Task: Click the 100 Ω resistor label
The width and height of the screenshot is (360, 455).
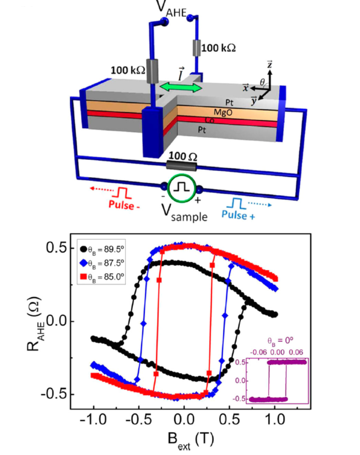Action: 183,157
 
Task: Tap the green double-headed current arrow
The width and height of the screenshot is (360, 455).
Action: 181,87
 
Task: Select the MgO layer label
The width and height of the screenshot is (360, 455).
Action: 223,112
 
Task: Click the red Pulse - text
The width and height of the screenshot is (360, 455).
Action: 124,205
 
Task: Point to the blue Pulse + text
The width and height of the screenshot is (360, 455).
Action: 238,215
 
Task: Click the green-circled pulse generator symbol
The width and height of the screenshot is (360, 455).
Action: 182,187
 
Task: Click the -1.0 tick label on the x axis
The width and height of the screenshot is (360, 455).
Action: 93,419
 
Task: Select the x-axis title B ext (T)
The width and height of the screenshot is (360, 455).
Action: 191,441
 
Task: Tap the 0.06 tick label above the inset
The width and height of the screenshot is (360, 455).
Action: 296,352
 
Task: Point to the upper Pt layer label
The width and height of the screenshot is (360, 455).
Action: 229,102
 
